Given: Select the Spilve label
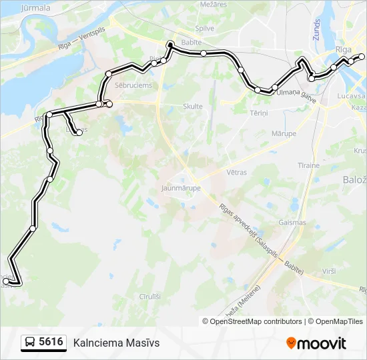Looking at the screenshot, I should tap(204, 28).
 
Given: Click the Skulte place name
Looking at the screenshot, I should tap(193, 106).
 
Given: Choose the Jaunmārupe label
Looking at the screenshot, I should tap(177, 188).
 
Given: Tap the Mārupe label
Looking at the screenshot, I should tap(284, 133).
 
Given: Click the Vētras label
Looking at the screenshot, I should tap(236, 172).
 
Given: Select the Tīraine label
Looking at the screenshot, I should tap(308, 164).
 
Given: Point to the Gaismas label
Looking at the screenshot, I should tap(293, 223).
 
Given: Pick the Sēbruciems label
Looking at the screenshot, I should tap(133, 85).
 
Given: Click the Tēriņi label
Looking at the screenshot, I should tap(259, 113).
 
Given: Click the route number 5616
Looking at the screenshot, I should tap(51, 342).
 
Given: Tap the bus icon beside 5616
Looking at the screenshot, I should tap(30, 343).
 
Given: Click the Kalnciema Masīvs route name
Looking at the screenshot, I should tap(117, 343).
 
